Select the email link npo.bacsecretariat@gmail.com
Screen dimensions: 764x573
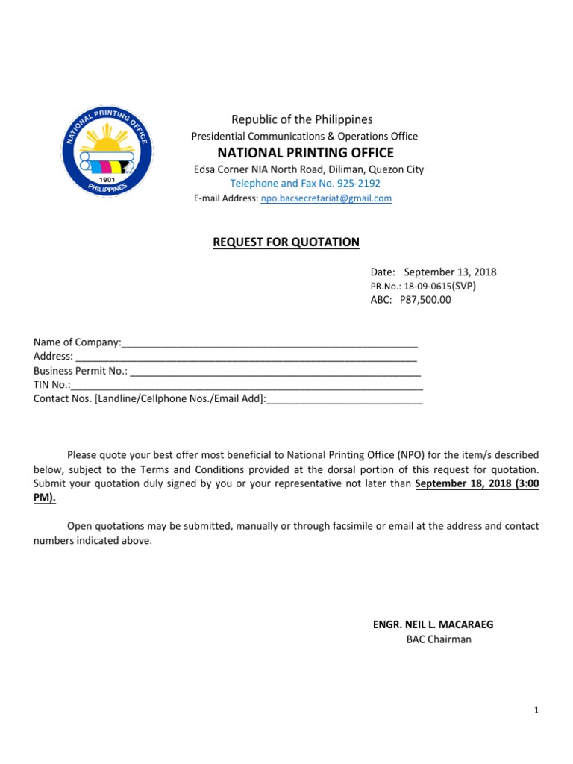(325, 198)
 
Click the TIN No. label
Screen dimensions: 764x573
(51, 385)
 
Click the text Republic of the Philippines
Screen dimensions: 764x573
(301, 119)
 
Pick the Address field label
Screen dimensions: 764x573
(52, 357)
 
